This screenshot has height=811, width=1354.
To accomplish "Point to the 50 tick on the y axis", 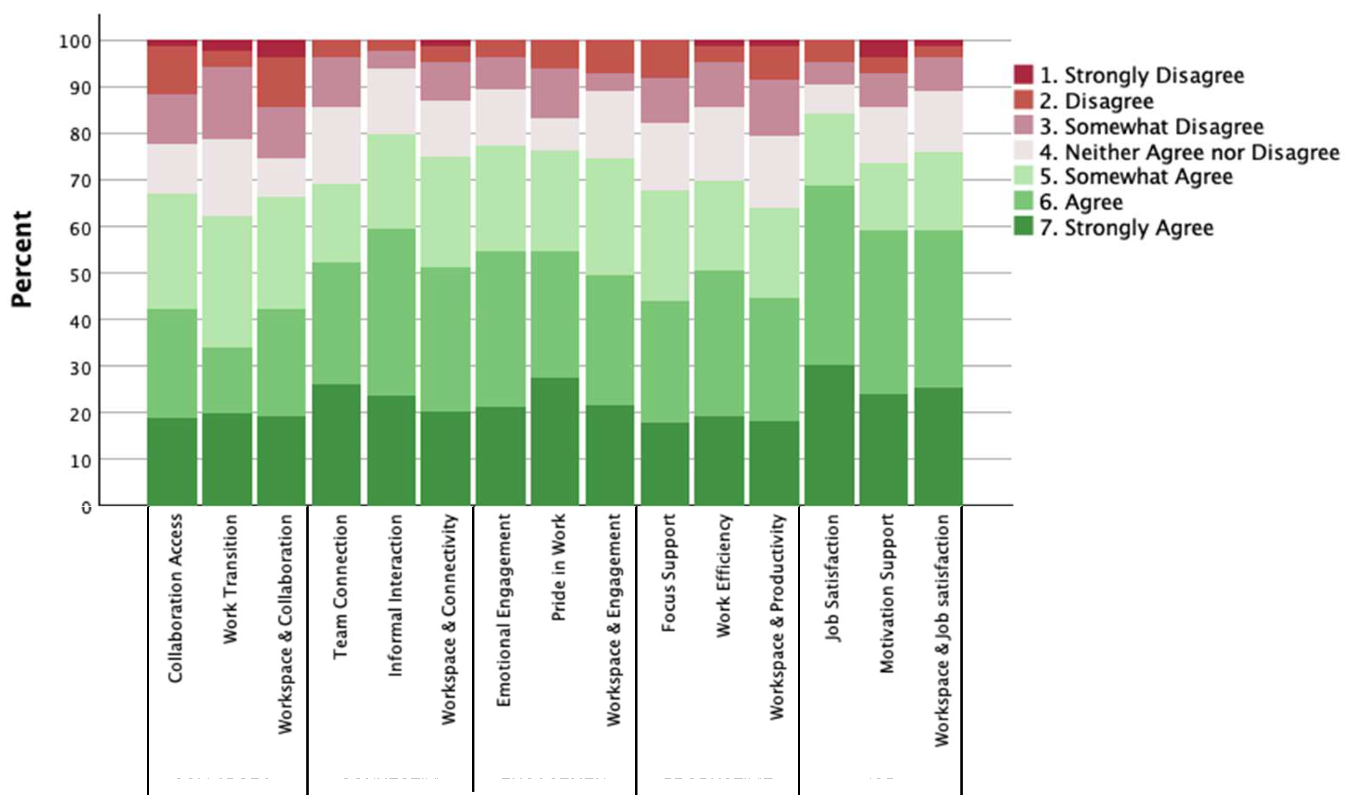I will [x=82, y=275].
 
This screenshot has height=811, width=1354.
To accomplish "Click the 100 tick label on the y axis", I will [x=75, y=41].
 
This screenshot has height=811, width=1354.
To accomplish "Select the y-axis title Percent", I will [x=23, y=260].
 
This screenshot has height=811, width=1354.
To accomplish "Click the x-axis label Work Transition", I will [x=231, y=579].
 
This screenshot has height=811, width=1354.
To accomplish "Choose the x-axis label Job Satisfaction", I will [x=832, y=578].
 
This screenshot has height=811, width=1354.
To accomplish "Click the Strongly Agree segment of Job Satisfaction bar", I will [x=829, y=435].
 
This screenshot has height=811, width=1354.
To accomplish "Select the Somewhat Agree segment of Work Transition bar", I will [x=227, y=282].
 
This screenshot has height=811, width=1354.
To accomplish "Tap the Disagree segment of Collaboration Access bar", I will [x=172, y=70].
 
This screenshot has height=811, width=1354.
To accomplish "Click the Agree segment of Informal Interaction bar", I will [x=391, y=312].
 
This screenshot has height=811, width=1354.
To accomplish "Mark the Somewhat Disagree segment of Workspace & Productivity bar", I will [x=774, y=108].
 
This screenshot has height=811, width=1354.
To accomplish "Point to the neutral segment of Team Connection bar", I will [x=337, y=145].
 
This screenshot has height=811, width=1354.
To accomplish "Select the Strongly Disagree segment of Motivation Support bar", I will [x=883, y=48].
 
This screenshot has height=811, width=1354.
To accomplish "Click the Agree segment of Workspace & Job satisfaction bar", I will [x=938, y=309].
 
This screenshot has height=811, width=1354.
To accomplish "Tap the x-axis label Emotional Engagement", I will [x=503, y=610].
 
